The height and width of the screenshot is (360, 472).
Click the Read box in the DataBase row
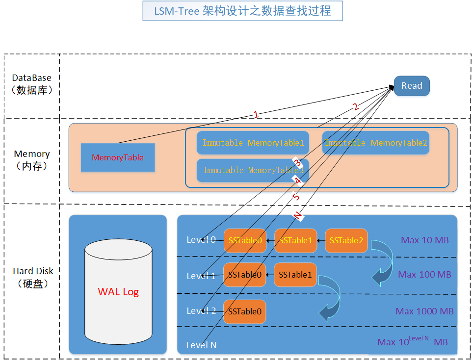[412, 86]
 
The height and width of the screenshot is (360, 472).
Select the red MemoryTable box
[118, 157]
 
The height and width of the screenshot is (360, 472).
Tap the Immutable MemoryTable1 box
[253, 143]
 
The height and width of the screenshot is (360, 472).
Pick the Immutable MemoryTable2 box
[376, 143]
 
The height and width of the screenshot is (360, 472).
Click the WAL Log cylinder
[118, 292]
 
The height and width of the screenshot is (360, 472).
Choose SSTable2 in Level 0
[346, 240]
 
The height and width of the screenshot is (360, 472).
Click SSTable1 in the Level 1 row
[295, 275]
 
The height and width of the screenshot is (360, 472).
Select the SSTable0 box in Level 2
[244, 311]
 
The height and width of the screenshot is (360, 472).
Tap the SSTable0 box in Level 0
[245, 240]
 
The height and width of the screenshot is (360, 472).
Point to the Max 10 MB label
[425, 240]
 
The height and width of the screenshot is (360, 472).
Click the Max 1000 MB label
[424, 311]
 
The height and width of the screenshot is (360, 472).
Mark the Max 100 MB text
[424, 275]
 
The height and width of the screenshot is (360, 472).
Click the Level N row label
[201, 345]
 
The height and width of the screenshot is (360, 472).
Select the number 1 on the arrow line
[256, 114]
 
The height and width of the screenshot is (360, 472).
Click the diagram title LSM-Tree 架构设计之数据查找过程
[242, 11]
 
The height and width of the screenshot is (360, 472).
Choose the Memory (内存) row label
[32, 160]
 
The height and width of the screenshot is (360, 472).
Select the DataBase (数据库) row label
[32, 84]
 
